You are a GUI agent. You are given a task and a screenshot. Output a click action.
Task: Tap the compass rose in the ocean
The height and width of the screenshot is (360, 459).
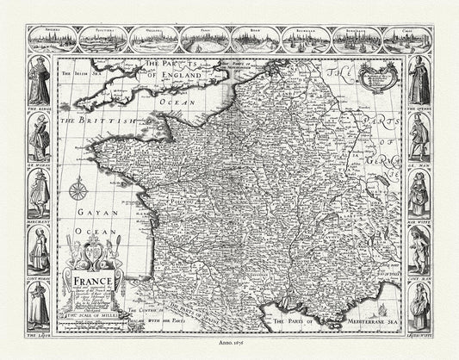78,189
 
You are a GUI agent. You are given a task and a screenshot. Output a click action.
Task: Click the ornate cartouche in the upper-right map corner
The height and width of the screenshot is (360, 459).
379,76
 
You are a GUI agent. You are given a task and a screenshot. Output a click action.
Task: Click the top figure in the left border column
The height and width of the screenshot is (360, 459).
39,82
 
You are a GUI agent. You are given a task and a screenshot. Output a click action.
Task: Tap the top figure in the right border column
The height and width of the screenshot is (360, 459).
419,82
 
